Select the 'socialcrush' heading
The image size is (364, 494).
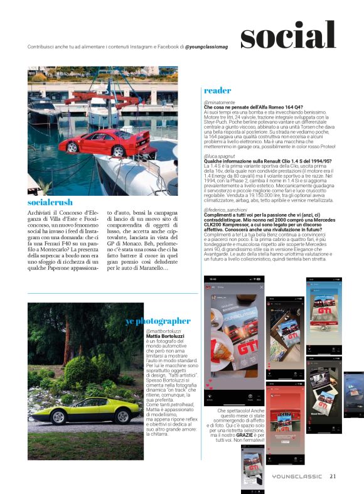click(50, 203)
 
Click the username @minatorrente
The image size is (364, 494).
click(220, 102)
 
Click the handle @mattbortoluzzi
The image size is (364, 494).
click(163, 331)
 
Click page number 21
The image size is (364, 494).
click(333, 476)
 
